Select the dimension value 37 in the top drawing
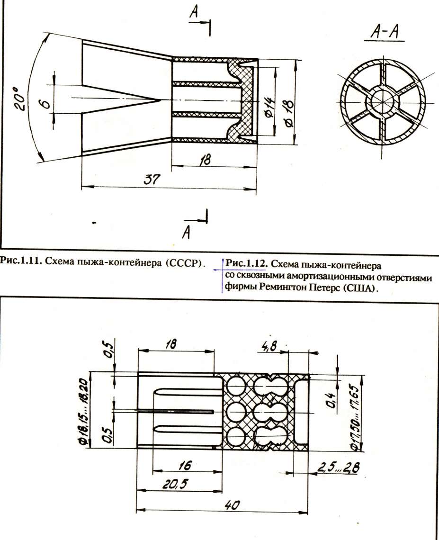tap(152, 180)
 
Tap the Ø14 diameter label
tap(269, 108)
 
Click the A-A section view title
tap(385, 32)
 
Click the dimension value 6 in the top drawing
tap(45, 103)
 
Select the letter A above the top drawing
tap(194, 12)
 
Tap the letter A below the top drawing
tap(186, 232)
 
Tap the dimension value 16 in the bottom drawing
tap(185, 465)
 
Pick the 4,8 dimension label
tap(269, 346)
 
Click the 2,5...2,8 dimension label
tap(338, 468)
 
